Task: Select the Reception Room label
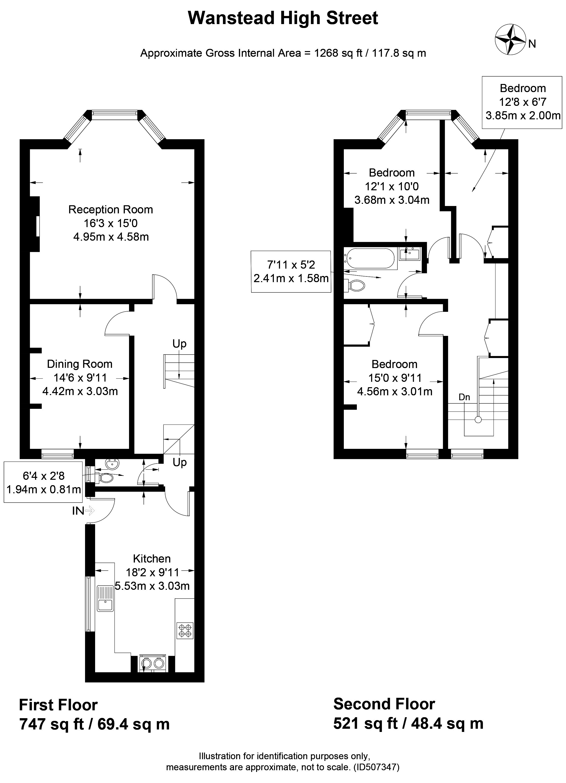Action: point(111,209)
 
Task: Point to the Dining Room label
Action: point(80,364)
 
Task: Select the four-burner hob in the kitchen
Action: point(185,631)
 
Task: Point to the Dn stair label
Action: point(464,397)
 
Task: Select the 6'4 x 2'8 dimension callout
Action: point(44,482)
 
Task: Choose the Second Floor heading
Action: point(384,704)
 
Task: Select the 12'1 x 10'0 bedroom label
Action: point(392,186)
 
